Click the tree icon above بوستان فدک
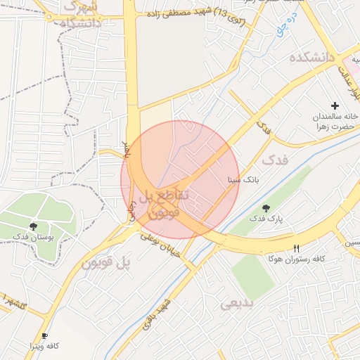(x=33, y=226)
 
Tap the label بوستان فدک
(x=34, y=237)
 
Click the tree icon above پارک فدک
(x=266, y=207)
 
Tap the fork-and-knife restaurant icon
(x=296, y=248)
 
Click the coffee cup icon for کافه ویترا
(x=45, y=335)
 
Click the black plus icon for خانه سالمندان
(x=334, y=105)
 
